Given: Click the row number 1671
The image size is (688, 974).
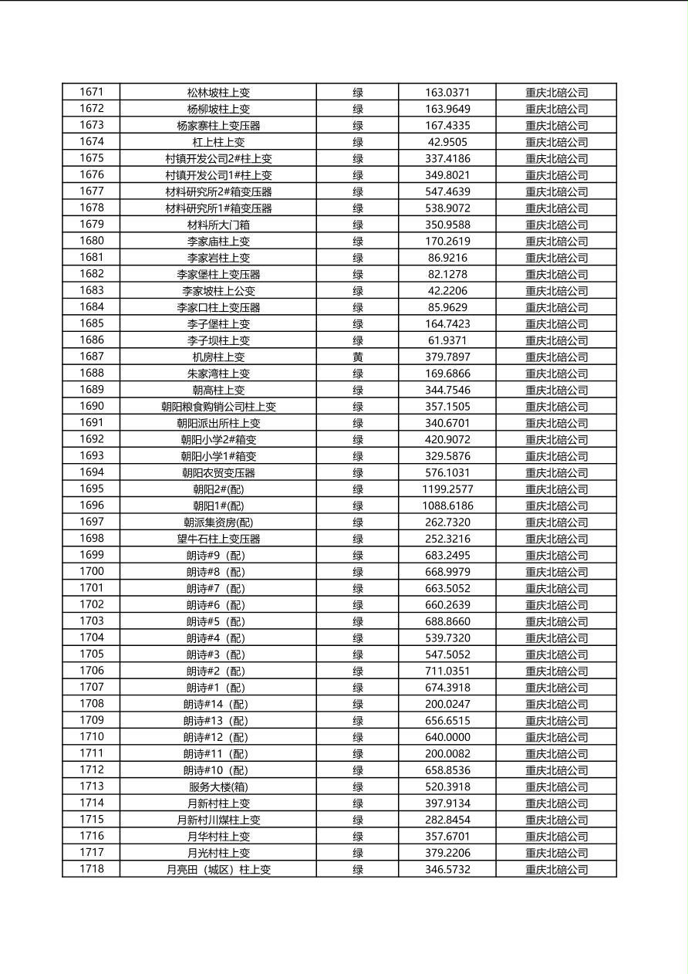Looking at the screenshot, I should point(91,92).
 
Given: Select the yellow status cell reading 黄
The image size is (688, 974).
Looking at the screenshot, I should point(357,357).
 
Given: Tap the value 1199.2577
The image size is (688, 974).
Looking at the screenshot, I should point(447,489).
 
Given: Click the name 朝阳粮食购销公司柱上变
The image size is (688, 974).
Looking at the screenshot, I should point(218,407).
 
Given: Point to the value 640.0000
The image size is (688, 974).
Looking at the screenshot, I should point(447,737).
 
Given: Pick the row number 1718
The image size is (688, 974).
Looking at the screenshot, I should point(91,869).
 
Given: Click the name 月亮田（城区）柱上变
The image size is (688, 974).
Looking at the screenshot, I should point(218,870).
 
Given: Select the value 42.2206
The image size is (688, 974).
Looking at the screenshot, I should point(447,291).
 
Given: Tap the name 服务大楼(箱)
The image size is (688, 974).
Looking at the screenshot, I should point(218,787).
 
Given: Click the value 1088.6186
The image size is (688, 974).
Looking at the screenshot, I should point(447,506).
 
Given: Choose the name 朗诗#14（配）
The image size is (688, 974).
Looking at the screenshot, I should point(218,704).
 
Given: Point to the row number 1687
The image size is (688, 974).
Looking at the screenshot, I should point(91,357).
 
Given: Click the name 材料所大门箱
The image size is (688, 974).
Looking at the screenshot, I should point(218,225).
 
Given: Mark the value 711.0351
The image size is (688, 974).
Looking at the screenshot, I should point(447,671).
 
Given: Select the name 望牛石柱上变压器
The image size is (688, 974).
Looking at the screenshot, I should point(218,539).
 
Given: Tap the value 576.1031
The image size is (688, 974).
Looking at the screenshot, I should point(447,472).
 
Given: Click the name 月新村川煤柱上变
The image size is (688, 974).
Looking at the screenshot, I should point(218,820).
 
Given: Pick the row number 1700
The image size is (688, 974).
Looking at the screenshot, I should point(91,572).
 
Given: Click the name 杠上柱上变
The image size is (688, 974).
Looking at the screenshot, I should point(218,142).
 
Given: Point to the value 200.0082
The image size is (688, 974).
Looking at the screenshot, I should point(447,754).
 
